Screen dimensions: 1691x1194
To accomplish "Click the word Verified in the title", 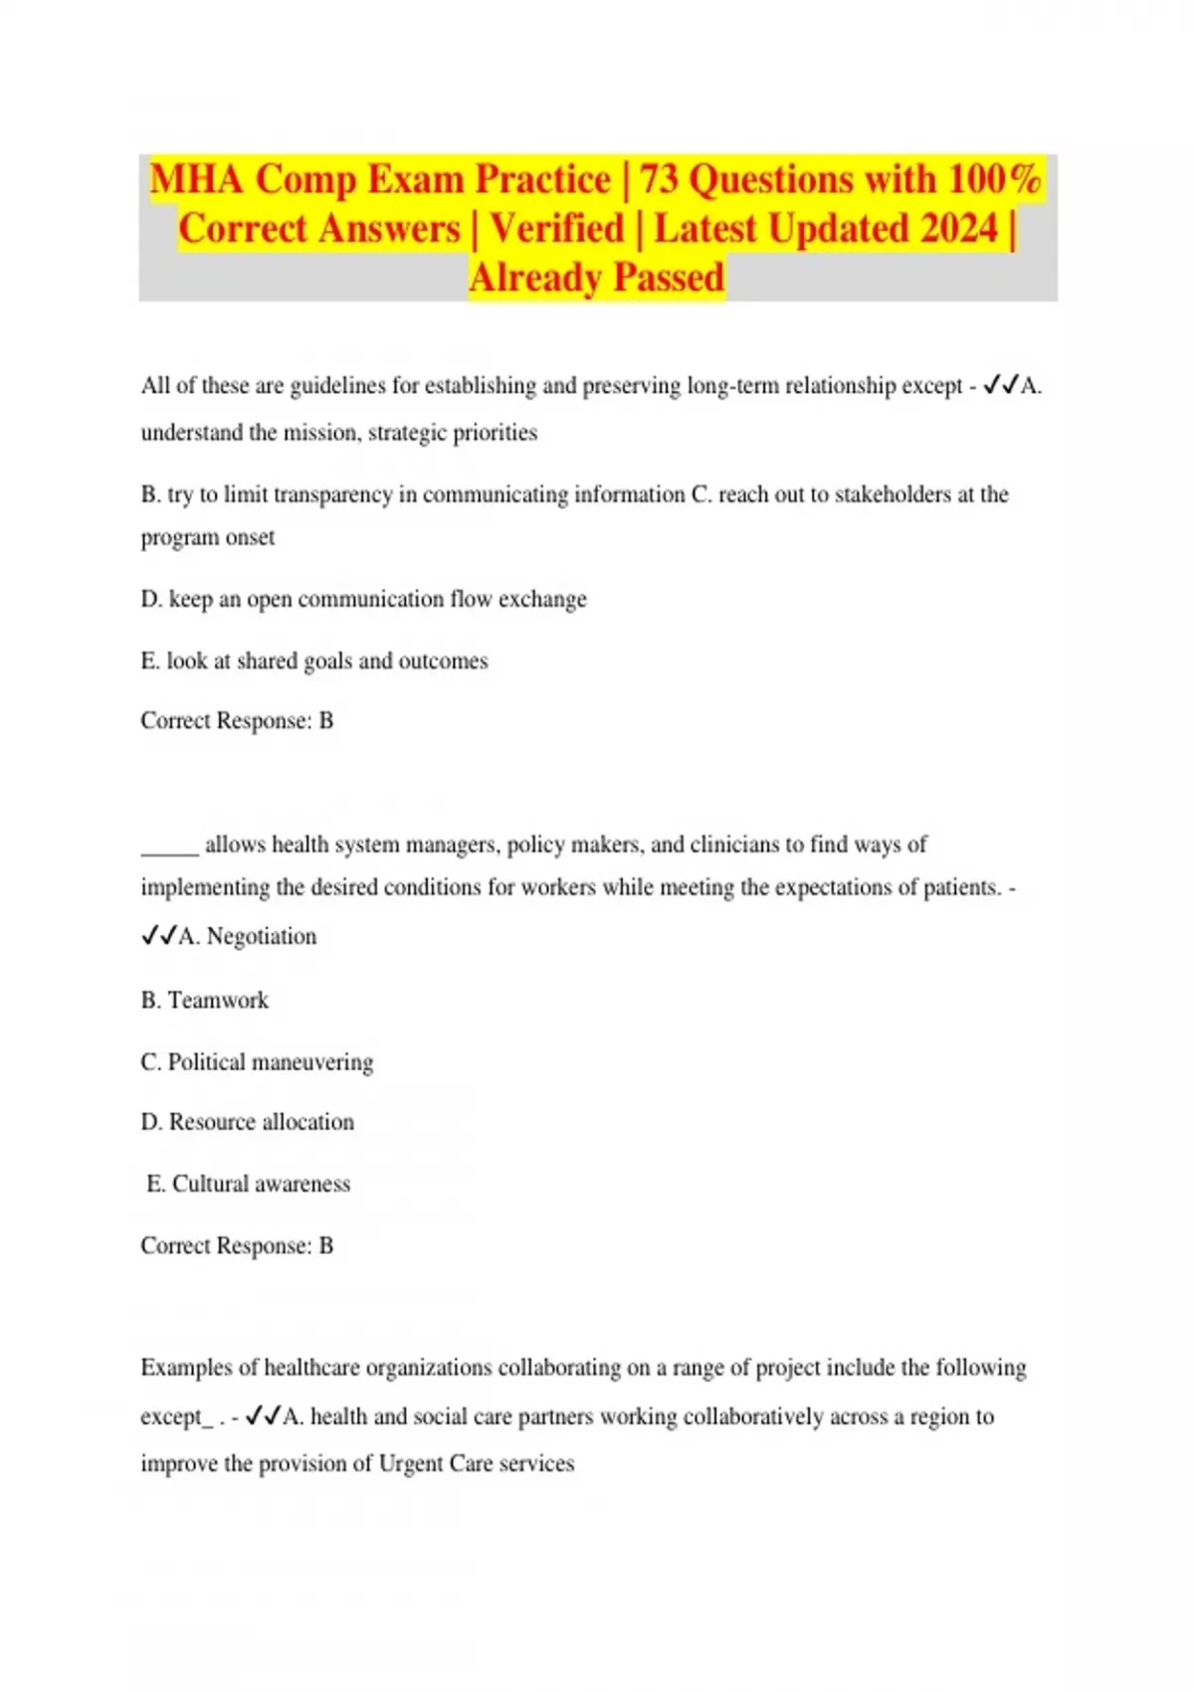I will click(556, 229).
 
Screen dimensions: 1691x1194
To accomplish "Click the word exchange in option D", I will click(542, 599).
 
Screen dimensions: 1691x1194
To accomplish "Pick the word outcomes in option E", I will click(443, 660).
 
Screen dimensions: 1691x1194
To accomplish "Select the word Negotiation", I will click(262, 936).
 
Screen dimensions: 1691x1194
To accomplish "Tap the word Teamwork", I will click(218, 1000).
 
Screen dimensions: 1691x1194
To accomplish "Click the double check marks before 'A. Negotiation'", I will click(158, 936).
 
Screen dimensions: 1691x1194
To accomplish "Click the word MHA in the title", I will click(196, 180).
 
